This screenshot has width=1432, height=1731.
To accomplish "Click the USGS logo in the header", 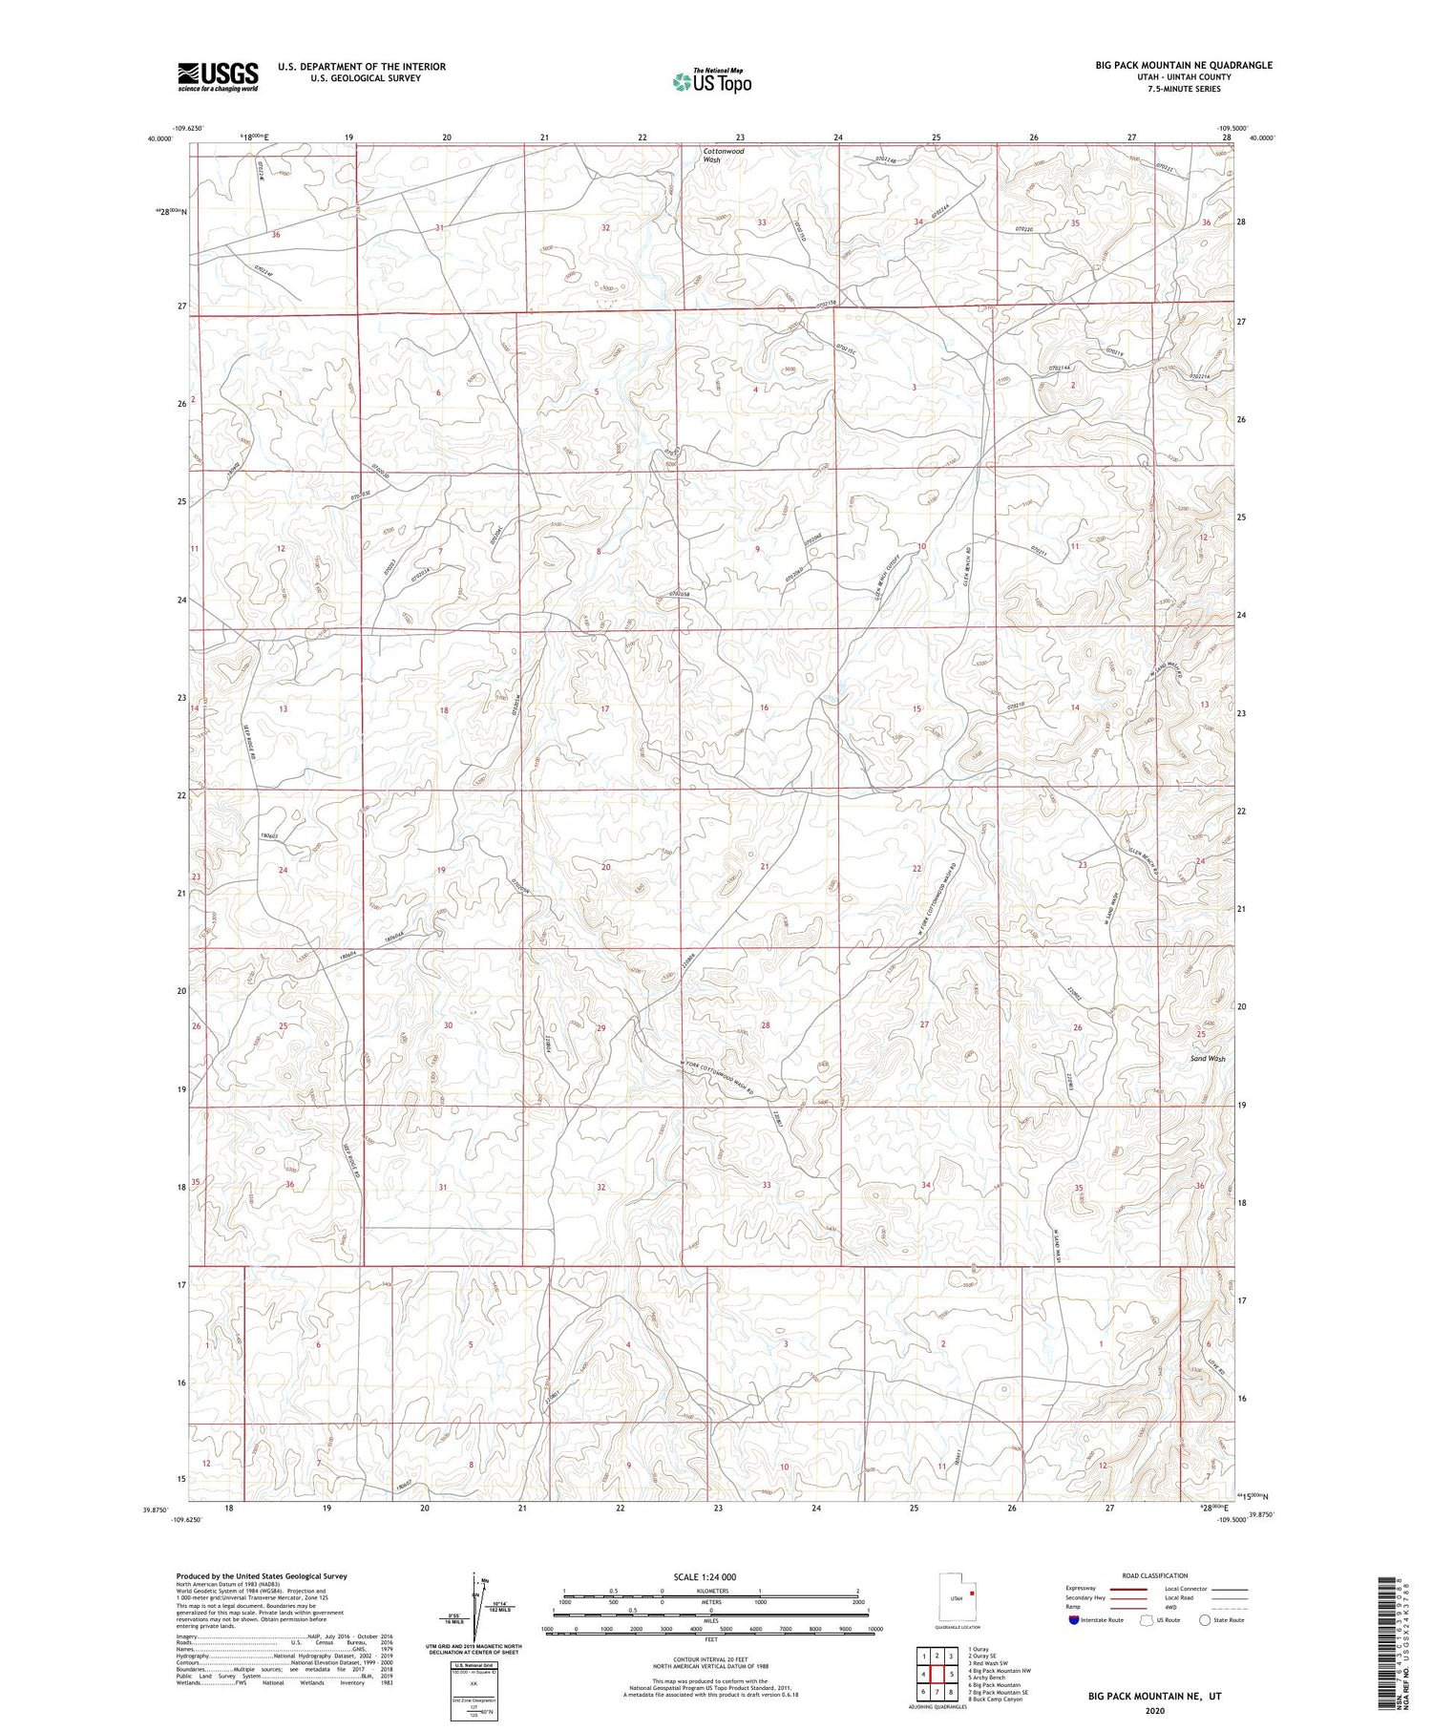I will [218, 76].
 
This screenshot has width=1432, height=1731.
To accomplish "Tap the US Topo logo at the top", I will [711, 82].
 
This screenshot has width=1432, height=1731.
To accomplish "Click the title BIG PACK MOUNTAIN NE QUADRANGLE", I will [1184, 65].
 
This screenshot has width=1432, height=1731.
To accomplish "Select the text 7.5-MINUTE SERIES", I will [1184, 89].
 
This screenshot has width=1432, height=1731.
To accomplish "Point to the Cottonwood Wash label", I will [723, 156].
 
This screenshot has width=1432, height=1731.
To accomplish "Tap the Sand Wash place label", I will [1207, 1059].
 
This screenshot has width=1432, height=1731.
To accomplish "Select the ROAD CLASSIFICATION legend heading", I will [1155, 1575].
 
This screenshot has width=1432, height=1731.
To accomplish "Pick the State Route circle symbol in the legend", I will [1205, 1619].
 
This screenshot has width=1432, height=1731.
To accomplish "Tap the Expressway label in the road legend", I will [1082, 1589].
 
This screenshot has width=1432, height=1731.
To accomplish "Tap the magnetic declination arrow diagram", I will [474, 1604].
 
